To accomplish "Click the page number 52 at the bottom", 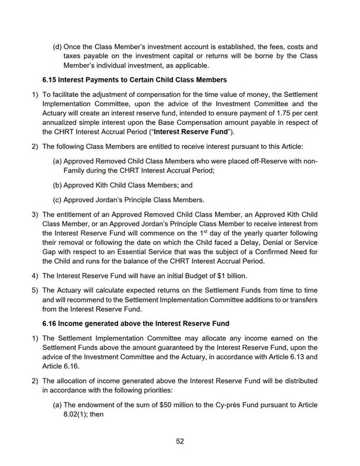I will pyautogui.click(x=180, y=442).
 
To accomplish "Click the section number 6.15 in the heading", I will pyautogui.click(x=50, y=79).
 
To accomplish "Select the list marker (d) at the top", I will pyautogui.click(x=57, y=46).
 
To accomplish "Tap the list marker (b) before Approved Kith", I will pyautogui.click(x=57, y=185).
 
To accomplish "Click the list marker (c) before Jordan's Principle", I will pyautogui.click(x=57, y=200).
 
